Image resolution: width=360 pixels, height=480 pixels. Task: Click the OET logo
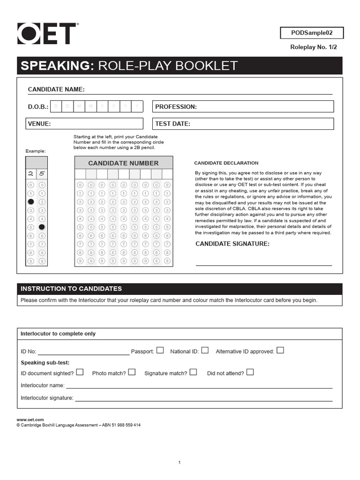[x=47, y=34]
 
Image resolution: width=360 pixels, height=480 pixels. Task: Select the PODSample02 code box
[x=312, y=33]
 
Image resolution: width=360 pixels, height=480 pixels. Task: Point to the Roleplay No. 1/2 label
[x=314, y=47]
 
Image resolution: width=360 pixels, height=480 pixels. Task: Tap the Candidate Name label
[x=56, y=90]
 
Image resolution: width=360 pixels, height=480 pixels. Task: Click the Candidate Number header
[x=123, y=163]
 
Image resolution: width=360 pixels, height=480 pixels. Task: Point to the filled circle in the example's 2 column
[x=31, y=202]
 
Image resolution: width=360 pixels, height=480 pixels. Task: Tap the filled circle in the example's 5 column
[x=42, y=227]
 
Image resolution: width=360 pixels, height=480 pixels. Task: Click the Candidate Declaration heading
[x=226, y=163]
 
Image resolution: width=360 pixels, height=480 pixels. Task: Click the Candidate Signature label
[x=232, y=244]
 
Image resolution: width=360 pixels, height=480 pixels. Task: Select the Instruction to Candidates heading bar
[x=180, y=289]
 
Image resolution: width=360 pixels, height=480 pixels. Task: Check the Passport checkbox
[x=160, y=350]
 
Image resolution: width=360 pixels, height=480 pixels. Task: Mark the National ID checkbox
[x=205, y=350]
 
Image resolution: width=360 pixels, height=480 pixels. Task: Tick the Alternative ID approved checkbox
[x=280, y=350]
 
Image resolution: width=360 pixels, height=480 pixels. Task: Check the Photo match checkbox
[x=132, y=372]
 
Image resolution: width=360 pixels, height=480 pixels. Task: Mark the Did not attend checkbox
[x=250, y=372]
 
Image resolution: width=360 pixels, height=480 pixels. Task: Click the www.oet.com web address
[x=30, y=420]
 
